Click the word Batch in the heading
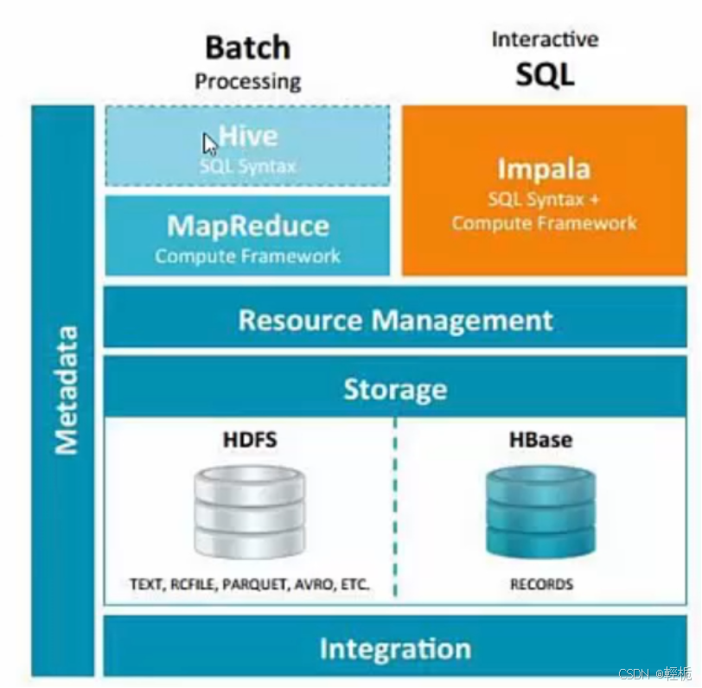tap(247, 48)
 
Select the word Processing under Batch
tap(247, 82)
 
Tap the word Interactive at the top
tap(545, 40)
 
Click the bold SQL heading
tap(545, 75)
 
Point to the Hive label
tap(248, 137)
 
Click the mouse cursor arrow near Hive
tap(209, 143)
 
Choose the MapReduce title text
tap(247, 226)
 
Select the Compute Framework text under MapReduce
tap(247, 257)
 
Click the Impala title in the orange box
tap(544, 169)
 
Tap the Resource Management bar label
tap(395, 321)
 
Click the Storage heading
tap(395, 390)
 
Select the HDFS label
tap(249, 440)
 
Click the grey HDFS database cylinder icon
tap(249, 511)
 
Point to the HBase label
tap(541, 440)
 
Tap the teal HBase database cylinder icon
tap(541, 511)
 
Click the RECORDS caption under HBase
tap(541, 585)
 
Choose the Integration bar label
tap(395, 649)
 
